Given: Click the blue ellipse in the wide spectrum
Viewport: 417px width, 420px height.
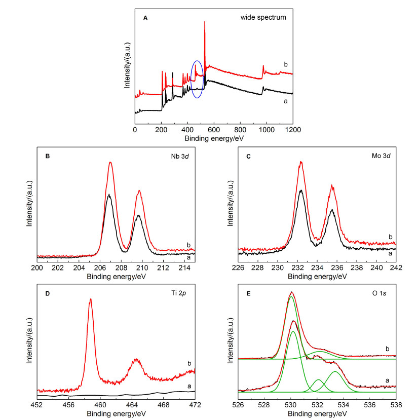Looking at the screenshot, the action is [191, 79].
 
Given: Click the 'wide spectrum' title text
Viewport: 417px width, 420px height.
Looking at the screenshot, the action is [263, 17].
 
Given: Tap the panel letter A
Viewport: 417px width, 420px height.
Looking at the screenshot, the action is [145, 18].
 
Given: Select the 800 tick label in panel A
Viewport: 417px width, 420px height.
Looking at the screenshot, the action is [240, 130].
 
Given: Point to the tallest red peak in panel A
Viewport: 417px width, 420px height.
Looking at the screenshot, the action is [205, 22].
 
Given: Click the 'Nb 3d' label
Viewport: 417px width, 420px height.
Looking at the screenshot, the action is [180, 157].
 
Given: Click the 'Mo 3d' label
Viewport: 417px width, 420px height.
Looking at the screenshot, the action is [381, 156].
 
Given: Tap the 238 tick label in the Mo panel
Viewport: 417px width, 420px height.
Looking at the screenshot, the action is [357, 268].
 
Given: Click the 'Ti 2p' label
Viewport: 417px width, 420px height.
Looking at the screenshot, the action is [179, 293].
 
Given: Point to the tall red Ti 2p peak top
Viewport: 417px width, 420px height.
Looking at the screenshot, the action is [91, 299].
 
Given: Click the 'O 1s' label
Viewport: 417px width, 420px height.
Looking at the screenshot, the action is [379, 293].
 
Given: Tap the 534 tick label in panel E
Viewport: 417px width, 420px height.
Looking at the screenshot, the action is [344, 405].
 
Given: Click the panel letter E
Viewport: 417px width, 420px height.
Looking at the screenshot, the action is [248, 293].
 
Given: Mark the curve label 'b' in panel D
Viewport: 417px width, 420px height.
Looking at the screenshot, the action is [189, 363].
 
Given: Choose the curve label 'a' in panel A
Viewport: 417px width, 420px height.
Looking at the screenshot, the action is [285, 101].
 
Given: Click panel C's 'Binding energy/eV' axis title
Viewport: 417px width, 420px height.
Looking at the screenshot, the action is [317, 277].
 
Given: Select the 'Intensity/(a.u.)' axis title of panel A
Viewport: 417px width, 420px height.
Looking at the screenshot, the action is [127, 65].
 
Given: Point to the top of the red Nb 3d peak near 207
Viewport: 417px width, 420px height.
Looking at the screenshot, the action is [110, 162].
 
